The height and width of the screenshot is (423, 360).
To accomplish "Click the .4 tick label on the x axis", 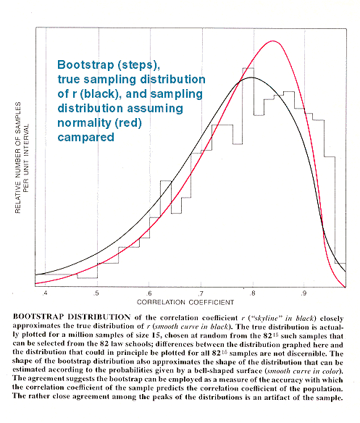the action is tap(45, 293).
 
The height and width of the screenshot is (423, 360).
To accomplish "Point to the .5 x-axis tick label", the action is tap(96, 293).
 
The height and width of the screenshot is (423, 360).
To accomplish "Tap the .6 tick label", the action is tap(148, 293).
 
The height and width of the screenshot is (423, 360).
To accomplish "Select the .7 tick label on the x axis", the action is tap(201, 293).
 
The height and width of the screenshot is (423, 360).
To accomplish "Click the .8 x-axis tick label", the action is tap(252, 293).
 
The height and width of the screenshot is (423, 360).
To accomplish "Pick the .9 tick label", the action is tap(304, 293).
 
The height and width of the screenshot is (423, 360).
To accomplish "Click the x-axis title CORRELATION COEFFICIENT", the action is tap(185, 302).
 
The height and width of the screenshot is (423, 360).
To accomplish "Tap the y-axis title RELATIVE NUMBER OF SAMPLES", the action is tap(18, 158).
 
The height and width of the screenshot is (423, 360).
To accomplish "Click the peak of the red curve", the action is tap(273, 41).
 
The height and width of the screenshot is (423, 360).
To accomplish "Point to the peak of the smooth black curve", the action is tap(251, 78).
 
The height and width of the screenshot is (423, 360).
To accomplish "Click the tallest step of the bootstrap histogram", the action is tap(248, 68).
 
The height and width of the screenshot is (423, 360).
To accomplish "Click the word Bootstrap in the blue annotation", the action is tap(85, 65).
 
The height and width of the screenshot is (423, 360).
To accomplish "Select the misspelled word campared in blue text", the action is tap(85, 138).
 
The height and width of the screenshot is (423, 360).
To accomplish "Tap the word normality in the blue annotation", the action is tap(84, 123).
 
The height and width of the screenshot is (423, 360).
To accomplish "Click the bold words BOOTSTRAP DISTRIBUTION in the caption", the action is tap(72, 317).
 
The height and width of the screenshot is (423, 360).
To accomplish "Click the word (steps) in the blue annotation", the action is tap(138, 65).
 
